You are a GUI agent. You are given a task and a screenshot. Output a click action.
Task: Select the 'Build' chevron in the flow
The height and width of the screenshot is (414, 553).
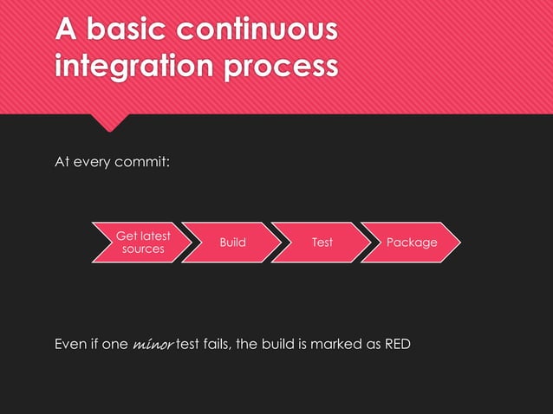coord(232,243)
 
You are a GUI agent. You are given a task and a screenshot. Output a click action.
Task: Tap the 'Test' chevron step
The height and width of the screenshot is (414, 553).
coord(322,243)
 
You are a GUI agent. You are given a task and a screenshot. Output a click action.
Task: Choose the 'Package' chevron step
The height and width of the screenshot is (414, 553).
coord(411,243)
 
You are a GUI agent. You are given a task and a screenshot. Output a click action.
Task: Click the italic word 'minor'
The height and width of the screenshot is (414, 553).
coord(153,345)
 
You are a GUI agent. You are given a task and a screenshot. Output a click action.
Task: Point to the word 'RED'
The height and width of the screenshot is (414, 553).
coord(394,344)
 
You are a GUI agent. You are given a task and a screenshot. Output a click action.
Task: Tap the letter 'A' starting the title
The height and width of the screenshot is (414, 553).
coord(66,29)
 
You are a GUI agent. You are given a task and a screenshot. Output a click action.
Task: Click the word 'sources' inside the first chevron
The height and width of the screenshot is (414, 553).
coord(143,249)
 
